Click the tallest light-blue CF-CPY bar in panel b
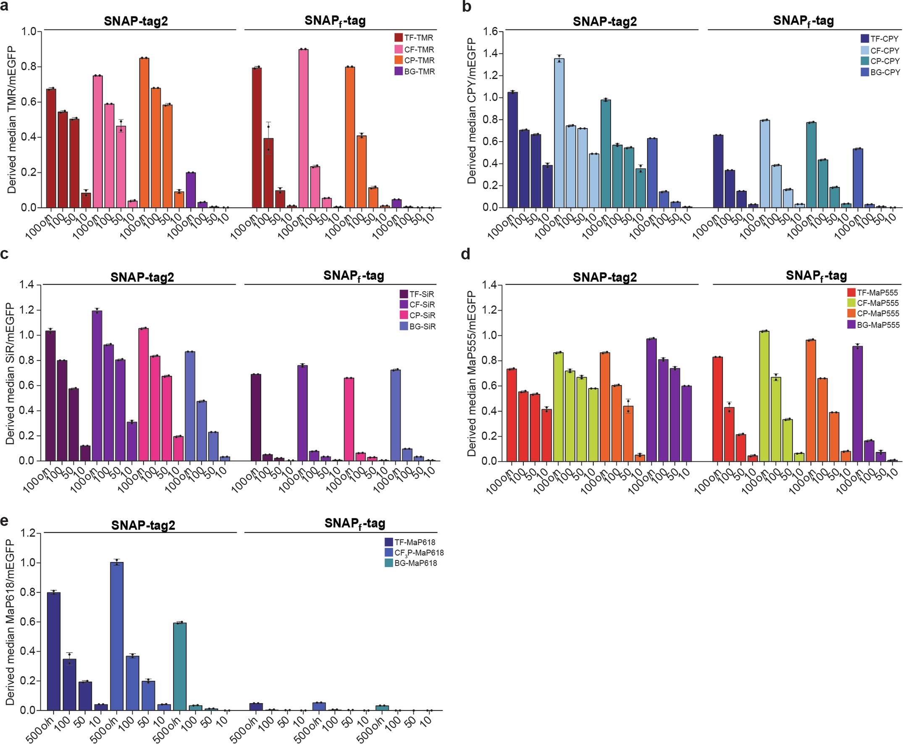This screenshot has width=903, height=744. point(559,133)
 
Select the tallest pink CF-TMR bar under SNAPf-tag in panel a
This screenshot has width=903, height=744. point(304,129)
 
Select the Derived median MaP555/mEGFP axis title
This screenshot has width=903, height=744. point(471,373)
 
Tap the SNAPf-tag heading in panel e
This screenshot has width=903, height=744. point(354,524)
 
